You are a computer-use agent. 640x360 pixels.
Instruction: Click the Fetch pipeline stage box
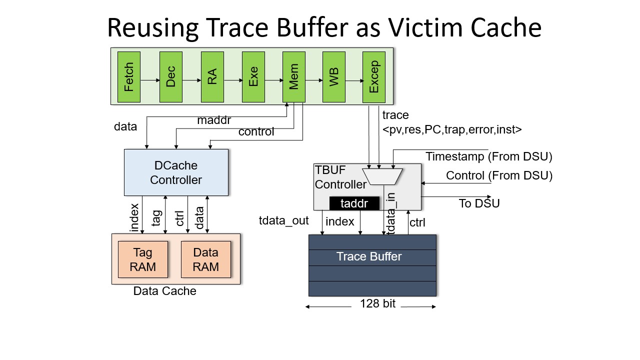[x=129, y=77]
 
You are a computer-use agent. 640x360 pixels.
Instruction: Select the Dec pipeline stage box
[x=171, y=77]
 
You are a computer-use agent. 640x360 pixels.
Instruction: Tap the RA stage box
[x=212, y=77]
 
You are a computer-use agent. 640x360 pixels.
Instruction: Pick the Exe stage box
[x=253, y=77]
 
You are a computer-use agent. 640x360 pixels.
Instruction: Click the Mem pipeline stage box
[x=294, y=77]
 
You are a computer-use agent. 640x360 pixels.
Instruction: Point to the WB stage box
[x=334, y=77]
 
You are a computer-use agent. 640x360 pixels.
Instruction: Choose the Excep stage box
[x=374, y=77]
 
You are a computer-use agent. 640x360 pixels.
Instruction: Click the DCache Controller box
[x=176, y=172]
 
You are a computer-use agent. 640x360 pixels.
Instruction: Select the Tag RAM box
[x=143, y=259]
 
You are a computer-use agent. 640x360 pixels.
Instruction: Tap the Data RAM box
[x=206, y=259]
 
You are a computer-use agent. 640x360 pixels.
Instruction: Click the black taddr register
[x=354, y=203]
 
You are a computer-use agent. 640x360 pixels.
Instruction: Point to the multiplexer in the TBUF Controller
[x=382, y=176]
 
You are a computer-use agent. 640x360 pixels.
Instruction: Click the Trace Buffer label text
[x=369, y=256]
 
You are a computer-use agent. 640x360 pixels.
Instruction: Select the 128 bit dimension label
[x=377, y=303]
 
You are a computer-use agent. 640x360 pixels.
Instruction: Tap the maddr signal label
[x=214, y=120]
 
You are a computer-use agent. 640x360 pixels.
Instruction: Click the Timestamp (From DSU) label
[x=489, y=156]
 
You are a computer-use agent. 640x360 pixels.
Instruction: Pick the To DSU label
[x=479, y=203]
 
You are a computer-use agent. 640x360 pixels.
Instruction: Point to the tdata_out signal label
[x=283, y=220]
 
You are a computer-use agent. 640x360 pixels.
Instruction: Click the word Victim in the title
[x=425, y=27]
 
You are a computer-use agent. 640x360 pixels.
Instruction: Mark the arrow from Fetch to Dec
[x=150, y=80]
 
